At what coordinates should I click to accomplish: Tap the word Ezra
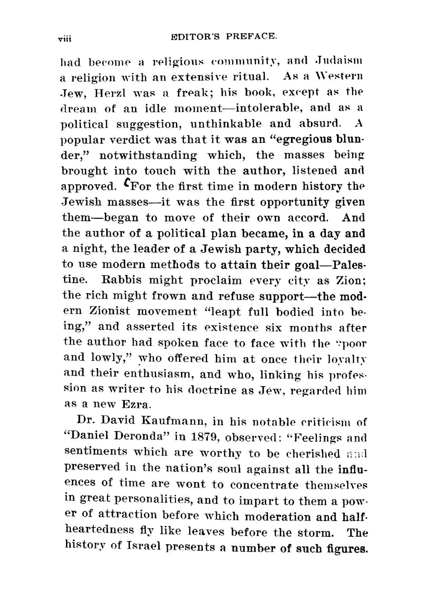[136, 404]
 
